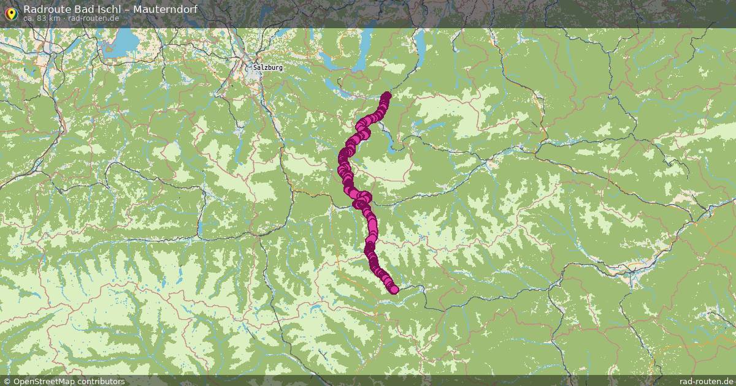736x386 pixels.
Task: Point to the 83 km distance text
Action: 48,18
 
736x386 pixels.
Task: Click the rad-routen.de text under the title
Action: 93,18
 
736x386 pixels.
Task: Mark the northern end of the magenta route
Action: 386,96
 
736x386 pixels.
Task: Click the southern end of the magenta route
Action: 394,289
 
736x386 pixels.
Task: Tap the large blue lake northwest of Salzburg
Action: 128,42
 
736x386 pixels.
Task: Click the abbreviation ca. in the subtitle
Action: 29,18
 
